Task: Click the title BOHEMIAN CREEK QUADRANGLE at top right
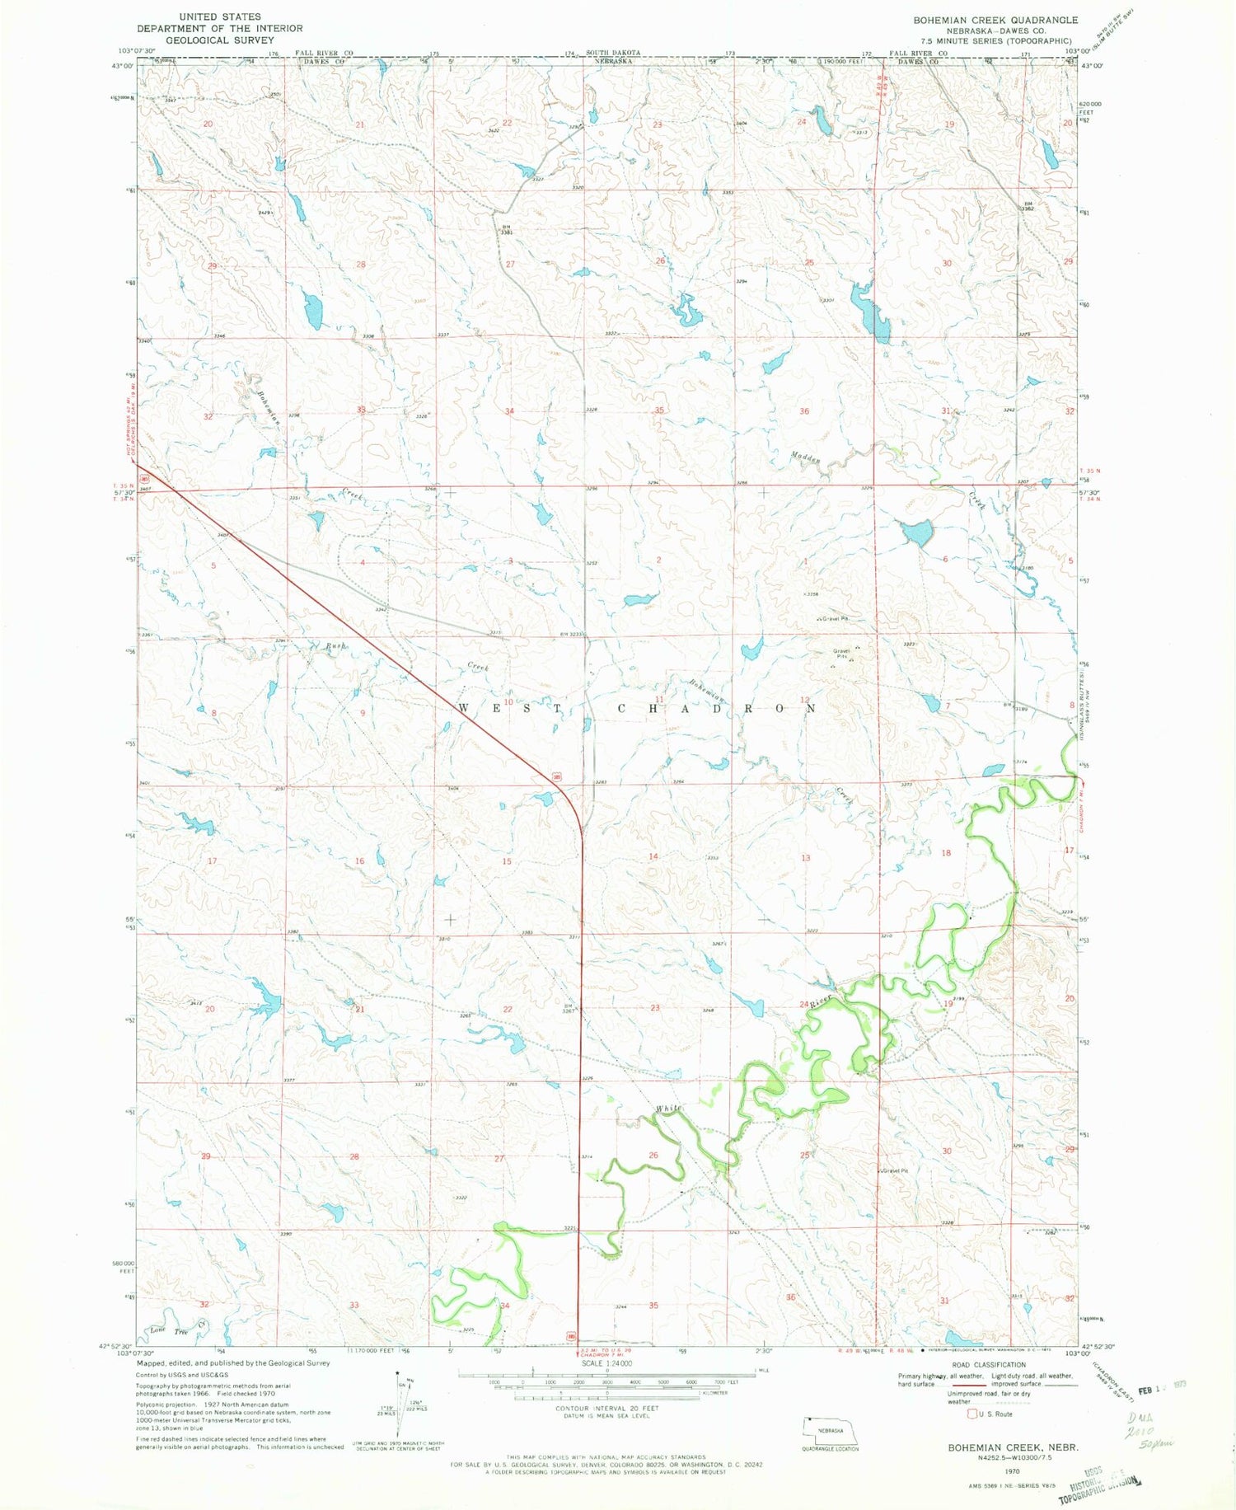point(995,20)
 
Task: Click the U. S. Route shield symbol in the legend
point(973,1414)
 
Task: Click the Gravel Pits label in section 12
point(841,651)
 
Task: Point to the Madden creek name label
point(806,458)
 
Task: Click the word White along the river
point(668,1109)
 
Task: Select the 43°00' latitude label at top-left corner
point(122,65)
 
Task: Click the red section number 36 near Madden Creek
point(804,410)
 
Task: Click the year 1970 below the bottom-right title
point(1012,1470)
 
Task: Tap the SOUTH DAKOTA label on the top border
point(612,53)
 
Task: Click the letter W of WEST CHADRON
point(463,708)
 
